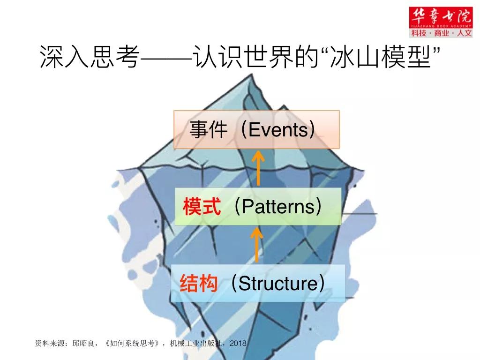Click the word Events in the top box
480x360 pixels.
(277, 130)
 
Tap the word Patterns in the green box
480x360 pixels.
(278, 207)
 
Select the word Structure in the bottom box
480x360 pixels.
(278, 283)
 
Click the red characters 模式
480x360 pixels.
(202, 207)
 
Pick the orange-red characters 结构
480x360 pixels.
(199, 283)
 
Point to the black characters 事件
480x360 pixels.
(209, 130)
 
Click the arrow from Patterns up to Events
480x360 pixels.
(258, 168)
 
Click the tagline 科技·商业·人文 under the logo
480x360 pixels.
(441, 33)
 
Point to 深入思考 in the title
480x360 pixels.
(90, 57)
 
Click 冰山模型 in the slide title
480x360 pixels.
(380, 57)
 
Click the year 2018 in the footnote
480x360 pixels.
(238, 343)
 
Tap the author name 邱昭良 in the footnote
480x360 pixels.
(83, 343)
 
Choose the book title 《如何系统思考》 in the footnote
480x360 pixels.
(132, 343)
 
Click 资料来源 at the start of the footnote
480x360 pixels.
(50, 343)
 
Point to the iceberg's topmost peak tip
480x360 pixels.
(252, 75)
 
